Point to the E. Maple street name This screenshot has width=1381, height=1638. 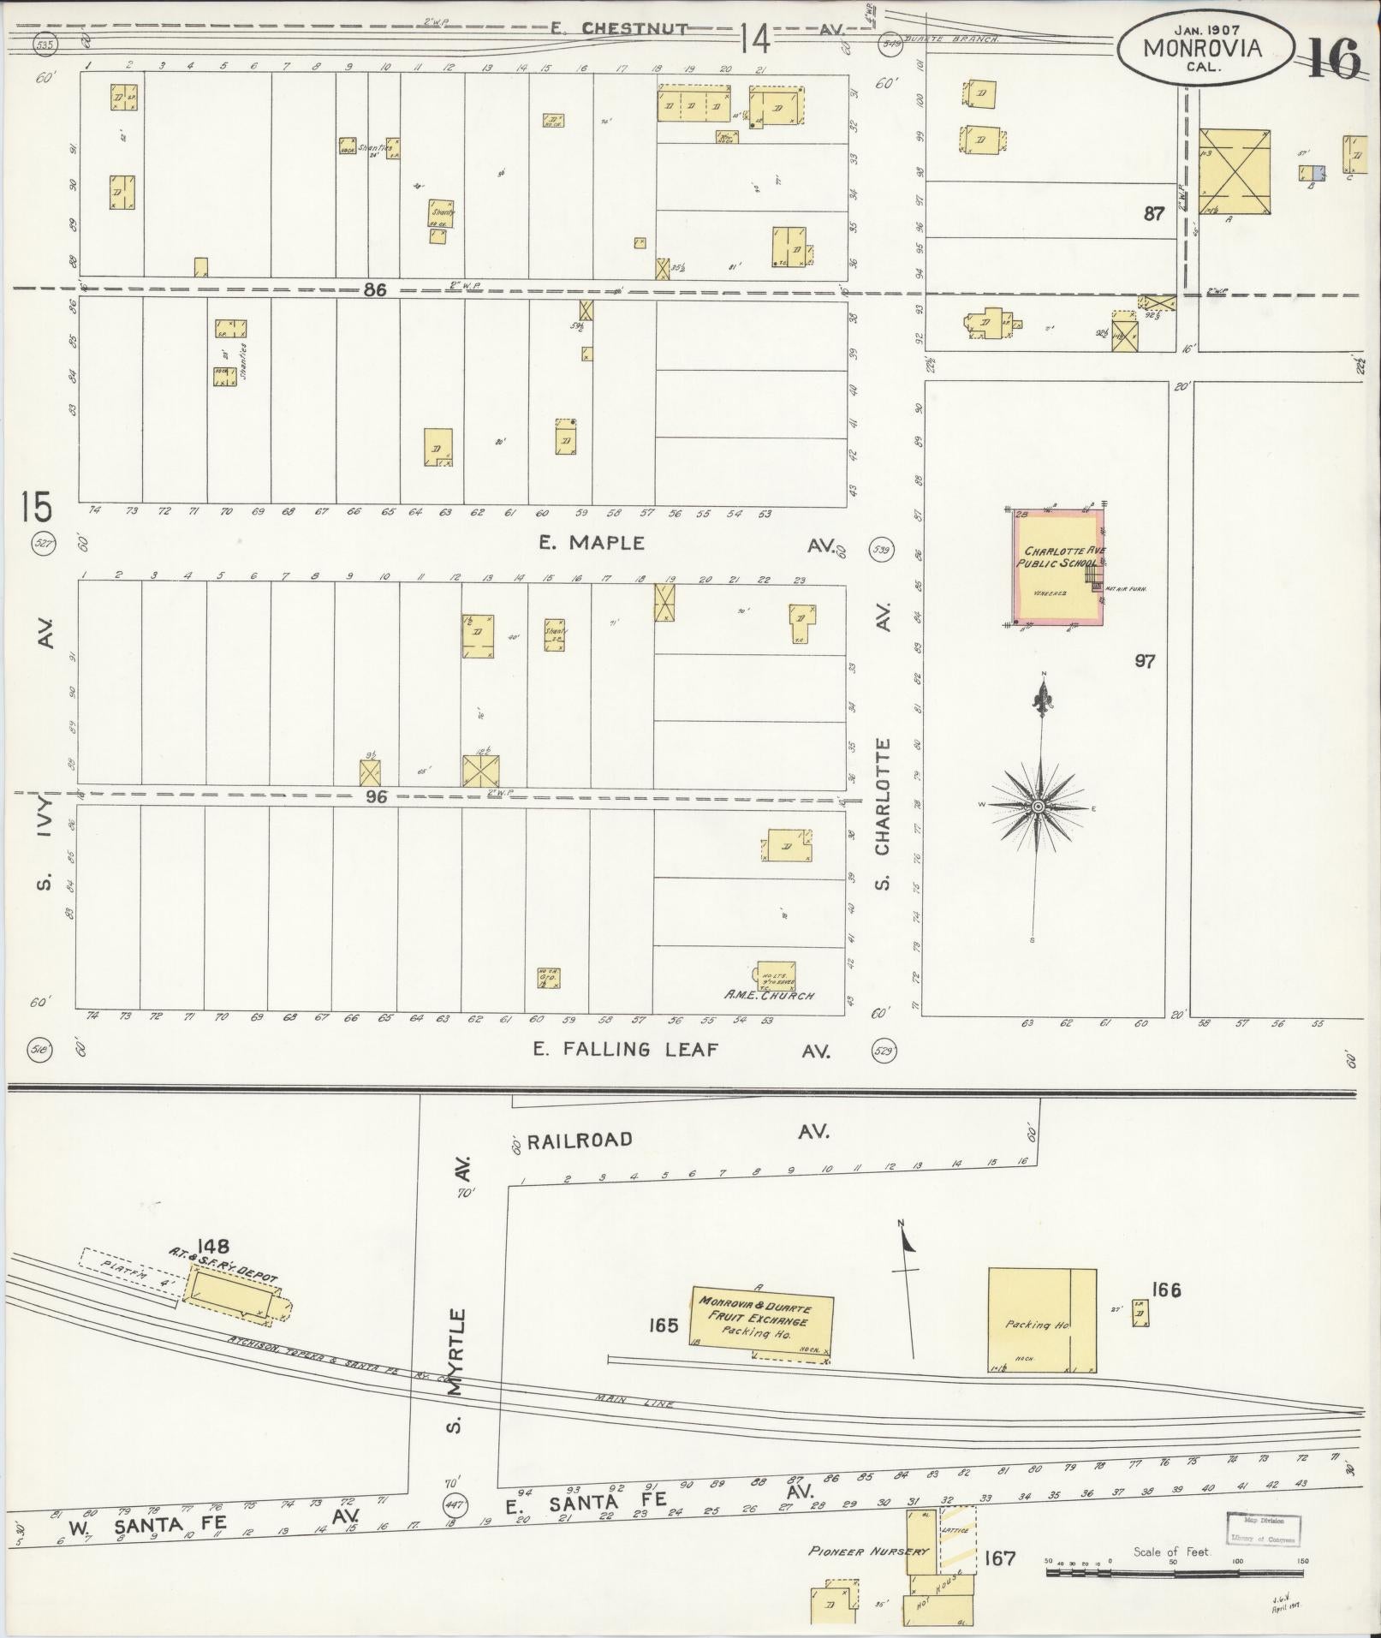(591, 543)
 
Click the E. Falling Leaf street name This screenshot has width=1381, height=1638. (624, 1049)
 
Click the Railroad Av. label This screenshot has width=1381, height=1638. (580, 1140)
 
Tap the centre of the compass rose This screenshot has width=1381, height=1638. (1038, 807)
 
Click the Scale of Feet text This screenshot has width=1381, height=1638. (1170, 1552)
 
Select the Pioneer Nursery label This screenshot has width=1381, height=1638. (856, 1551)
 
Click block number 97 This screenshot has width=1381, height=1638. (1145, 661)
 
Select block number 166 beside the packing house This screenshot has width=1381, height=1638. (1166, 1290)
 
